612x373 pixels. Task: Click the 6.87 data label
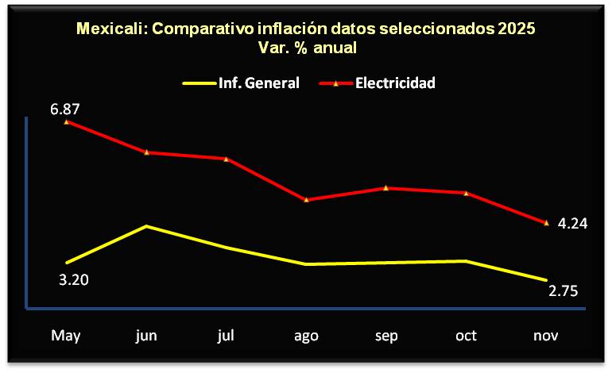click(x=66, y=109)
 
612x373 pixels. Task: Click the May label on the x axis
click(x=67, y=335)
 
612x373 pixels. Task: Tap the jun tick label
click(x=146, y=335)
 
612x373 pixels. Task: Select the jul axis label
click(x=226, y=335)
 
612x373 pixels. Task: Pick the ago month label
click(x=306, y=335)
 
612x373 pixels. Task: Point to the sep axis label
click(x=386, y=335)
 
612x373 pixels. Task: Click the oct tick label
click(x=466, y=335)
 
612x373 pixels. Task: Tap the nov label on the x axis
click(x=546, y=335)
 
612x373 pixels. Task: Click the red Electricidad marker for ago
click(x=307, y=199)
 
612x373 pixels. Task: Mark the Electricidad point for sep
click(x=386, y=187)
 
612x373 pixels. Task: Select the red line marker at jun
click(x=147, y=152)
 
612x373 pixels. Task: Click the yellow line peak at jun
click(x=147, y=226)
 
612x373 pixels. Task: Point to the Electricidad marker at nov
click(x=546, y=223)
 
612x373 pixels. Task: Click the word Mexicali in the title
click(x=110, y=29)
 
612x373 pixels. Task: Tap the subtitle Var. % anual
click(x=307, y=48)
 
